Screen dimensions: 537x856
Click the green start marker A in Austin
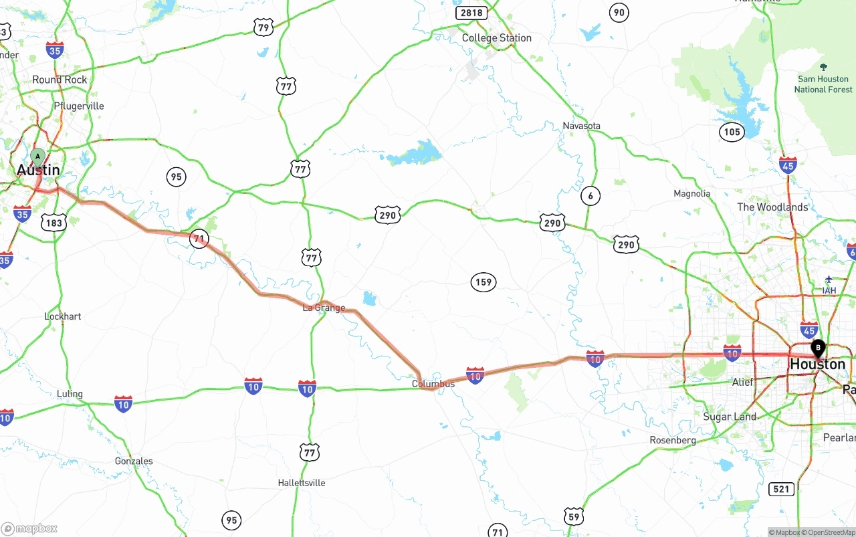(38, 157)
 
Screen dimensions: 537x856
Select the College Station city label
(496, 38)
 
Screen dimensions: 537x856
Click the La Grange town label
(324, 308)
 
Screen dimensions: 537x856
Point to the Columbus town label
(433, 384)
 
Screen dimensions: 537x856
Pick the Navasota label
(581, 126)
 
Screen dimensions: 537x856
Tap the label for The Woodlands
(772, 207)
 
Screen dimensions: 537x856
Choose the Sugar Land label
(730, 417)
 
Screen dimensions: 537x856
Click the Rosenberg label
(673, 440)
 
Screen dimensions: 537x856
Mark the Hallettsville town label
(302, 483)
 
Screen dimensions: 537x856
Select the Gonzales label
(134, 461)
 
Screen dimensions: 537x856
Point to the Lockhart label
(62, 316)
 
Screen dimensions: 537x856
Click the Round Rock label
(60, 80)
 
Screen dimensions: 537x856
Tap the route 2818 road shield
(471, 13)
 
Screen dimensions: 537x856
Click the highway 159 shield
(483, 282)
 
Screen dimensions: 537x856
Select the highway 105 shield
(732, 132)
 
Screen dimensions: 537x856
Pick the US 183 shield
(53, 223)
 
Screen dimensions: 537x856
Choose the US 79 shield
(263, 27)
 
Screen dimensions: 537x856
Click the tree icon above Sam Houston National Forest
(823, 68)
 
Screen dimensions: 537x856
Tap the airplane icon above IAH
(829, 279)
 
